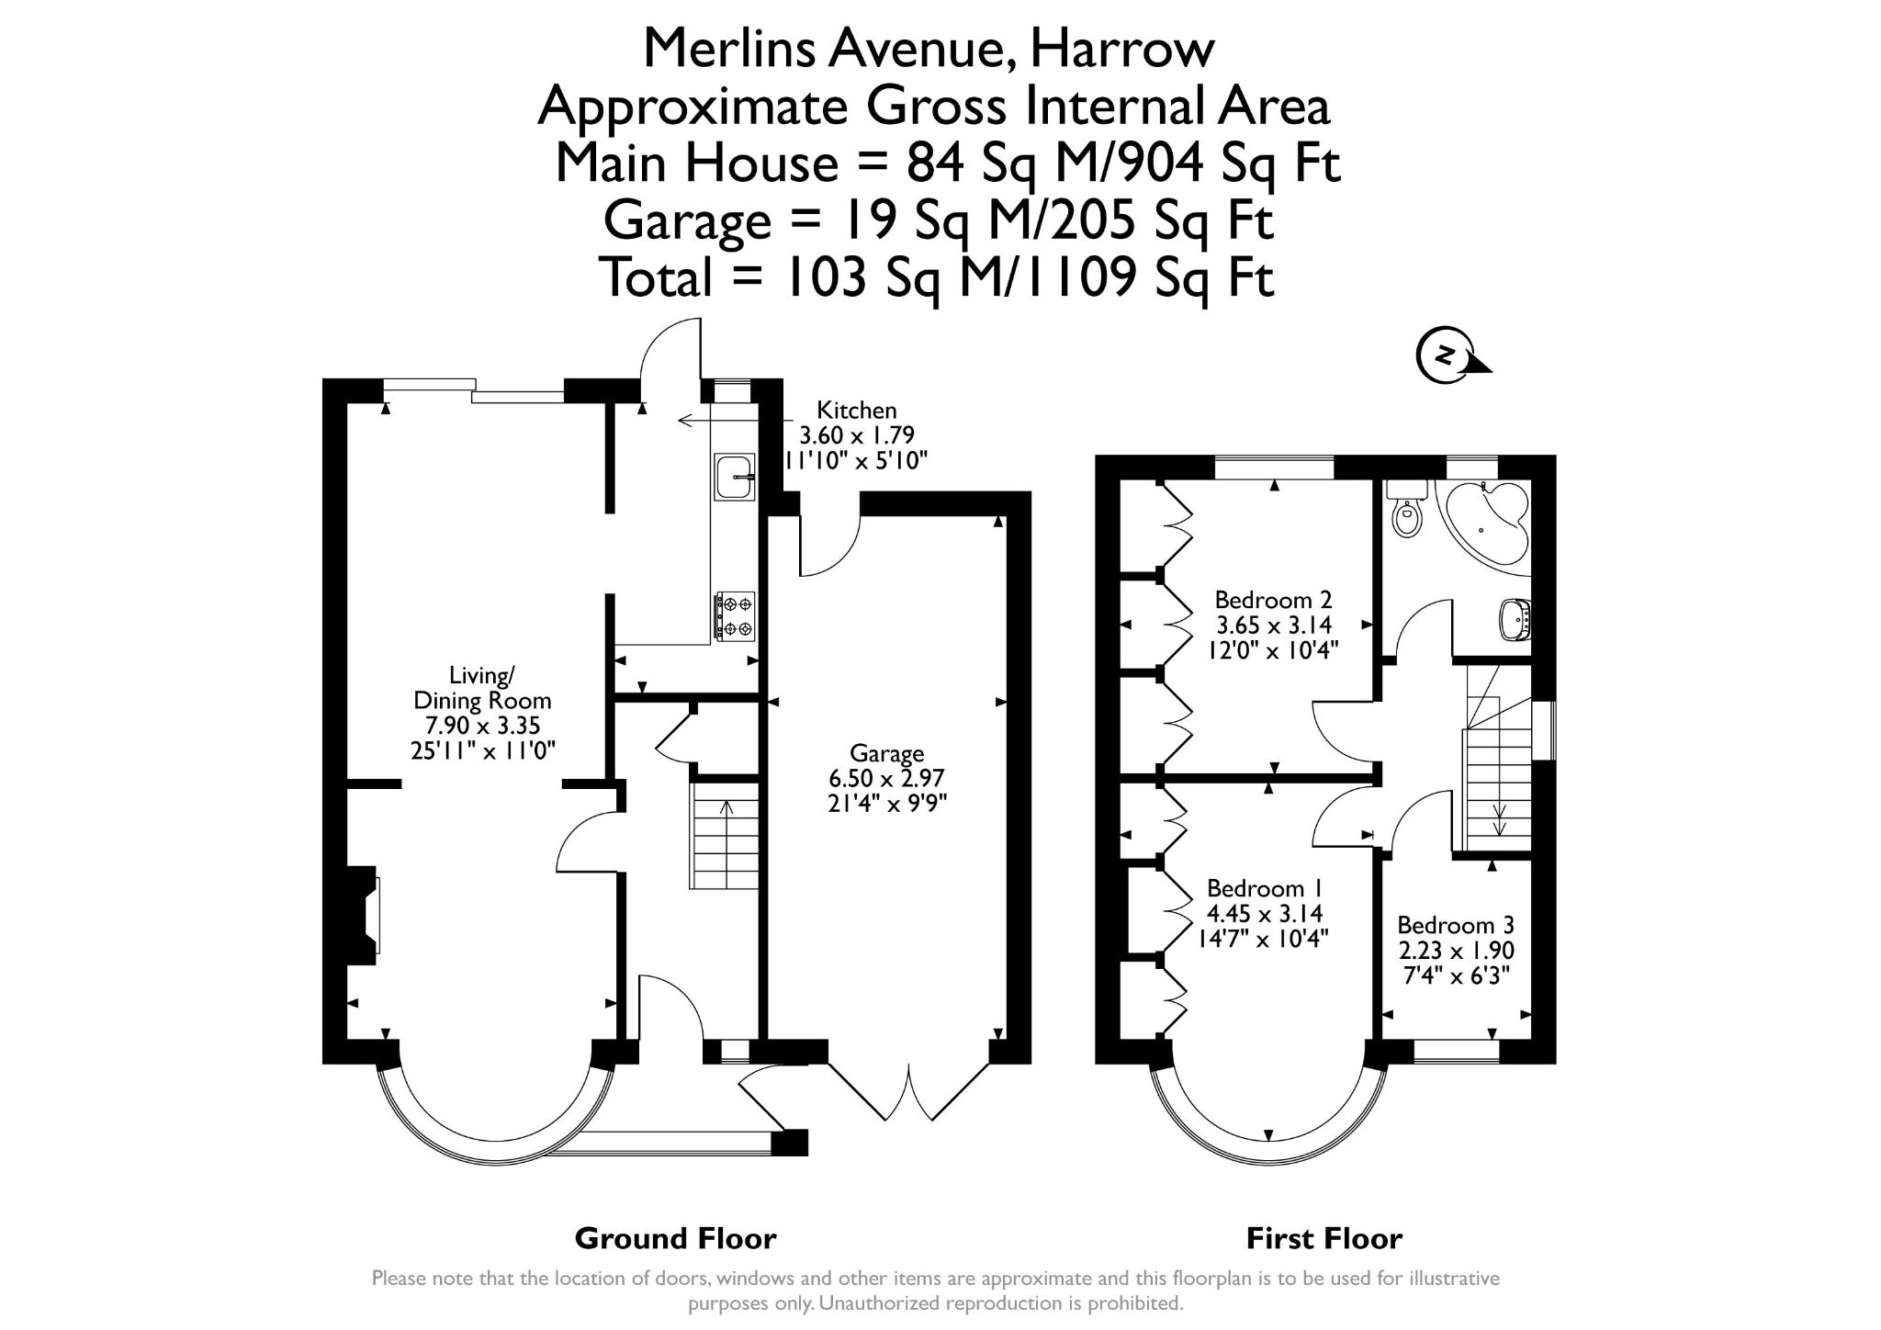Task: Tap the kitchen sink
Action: [734, 477]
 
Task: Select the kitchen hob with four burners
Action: [735, 615]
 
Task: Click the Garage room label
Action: [886, 754]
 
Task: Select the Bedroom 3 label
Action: [1455, 925]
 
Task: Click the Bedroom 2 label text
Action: [1273, 600]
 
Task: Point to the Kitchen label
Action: [856, 411]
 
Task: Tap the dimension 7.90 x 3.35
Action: [482, 726]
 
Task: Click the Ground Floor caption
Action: [675, 1239]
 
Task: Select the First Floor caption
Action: [1323, 1239]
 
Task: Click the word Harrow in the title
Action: [1121, 49]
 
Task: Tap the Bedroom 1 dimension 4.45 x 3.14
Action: [1264, 914]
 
